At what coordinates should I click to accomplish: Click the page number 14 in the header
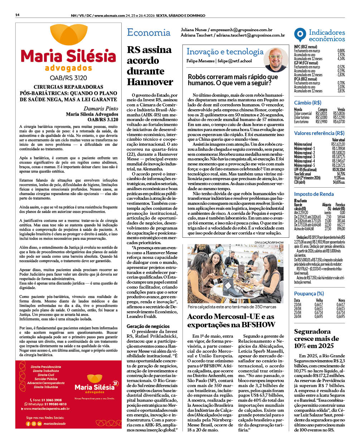pyautogui.click(x=17, y=15)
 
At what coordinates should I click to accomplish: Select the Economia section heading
pyautogui.click(x=149, y=33)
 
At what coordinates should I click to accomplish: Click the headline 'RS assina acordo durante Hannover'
pyautogui.click(x=150, y=66)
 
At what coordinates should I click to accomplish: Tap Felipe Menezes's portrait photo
pyautogui.click(x=276, y=59)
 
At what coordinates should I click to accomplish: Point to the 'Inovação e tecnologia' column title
pyautogui.click(x=225, y=52)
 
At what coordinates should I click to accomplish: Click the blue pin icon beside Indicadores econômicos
pyautogui.click(x=300, y=35)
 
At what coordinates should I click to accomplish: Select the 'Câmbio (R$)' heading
pyautogui.click(x=308, y=103)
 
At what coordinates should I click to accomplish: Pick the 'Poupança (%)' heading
pyautogui.click(x=309, y=294)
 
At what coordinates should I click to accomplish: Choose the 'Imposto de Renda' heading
pyautogui.click(x=314, y=194)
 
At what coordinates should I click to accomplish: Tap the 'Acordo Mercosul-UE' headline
pyautogui.click(x=231, y=321)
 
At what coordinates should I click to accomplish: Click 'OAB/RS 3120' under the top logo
pyautogui.click(x=68, y=78)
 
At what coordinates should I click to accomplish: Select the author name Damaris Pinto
pyautogui.click(x=101, y=108)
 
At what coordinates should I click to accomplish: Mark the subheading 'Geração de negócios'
pyautogui.click(x=148, y=326)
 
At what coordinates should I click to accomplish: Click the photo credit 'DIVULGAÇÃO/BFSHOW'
pyautogui.click(x=269, y=242)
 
